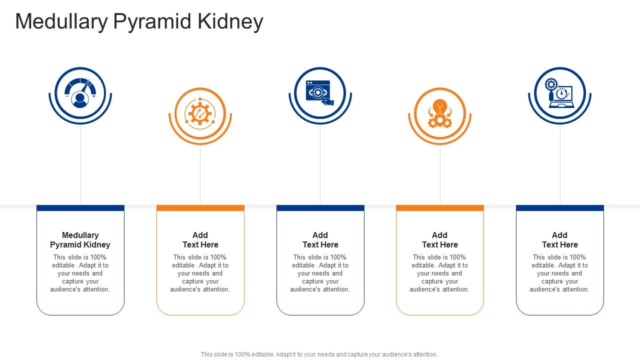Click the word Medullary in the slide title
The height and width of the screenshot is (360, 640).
tap(61, 22)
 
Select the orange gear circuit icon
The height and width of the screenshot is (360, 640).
tap(200, 113)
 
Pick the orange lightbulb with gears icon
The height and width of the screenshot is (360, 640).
tap(439, 113)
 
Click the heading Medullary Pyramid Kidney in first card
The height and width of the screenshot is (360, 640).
tap(80, 240)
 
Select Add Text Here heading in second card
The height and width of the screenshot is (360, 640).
tap(200, 240)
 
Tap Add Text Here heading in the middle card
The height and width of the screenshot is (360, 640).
tap(320, 240)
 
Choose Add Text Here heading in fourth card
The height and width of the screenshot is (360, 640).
tap(439, 240)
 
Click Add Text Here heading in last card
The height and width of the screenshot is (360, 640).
tap(559, 240)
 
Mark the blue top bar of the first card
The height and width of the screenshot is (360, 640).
tap(80, 208)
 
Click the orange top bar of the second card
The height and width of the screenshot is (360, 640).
tap(200, 208)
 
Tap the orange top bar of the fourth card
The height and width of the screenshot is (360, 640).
tap(439, 208)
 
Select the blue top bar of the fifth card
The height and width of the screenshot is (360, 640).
tap(559, 208)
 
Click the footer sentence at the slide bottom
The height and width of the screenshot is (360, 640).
tap(319, 354)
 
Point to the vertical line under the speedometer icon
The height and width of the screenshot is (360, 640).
tap(80, 165)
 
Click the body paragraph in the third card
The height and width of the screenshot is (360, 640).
tap(320, 273)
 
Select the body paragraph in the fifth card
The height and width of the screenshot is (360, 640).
tap(559, 273)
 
